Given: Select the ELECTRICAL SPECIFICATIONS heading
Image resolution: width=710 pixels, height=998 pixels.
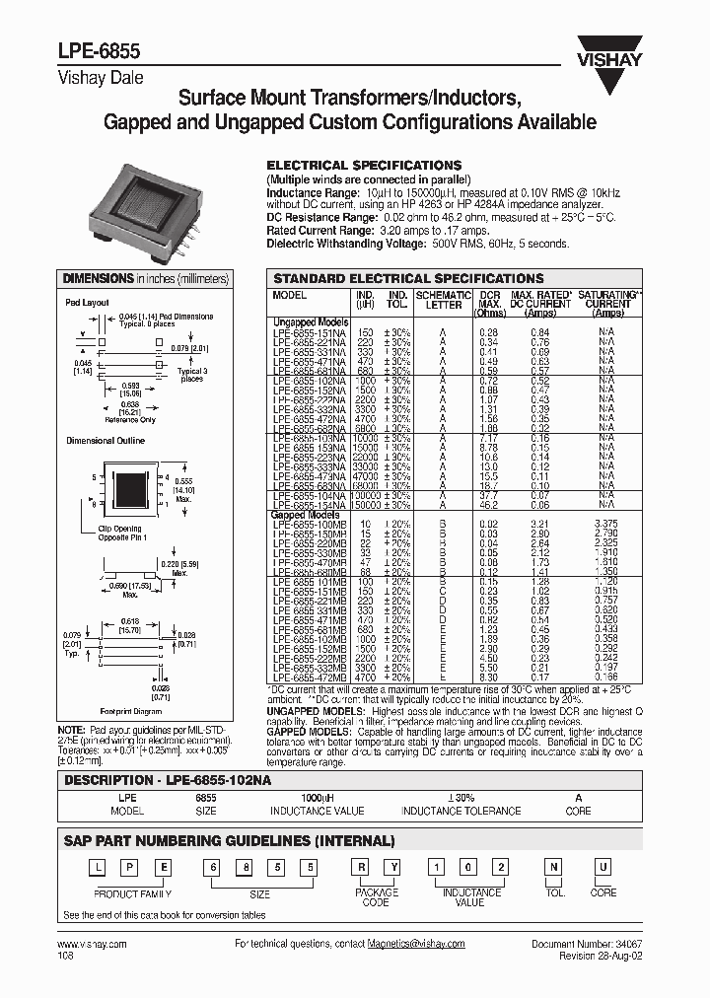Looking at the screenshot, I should tap(365, 165).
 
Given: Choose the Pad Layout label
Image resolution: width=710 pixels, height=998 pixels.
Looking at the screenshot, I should tap(87, 303).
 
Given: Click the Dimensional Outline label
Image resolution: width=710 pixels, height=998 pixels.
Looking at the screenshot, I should tap(106, 440).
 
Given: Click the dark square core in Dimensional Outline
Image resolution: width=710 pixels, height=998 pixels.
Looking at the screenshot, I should tap(133, 489).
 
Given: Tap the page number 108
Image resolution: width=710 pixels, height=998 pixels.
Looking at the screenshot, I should tap(66, 956).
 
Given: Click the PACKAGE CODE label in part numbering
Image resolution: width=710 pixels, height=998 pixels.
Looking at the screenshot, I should tap(377, 897).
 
